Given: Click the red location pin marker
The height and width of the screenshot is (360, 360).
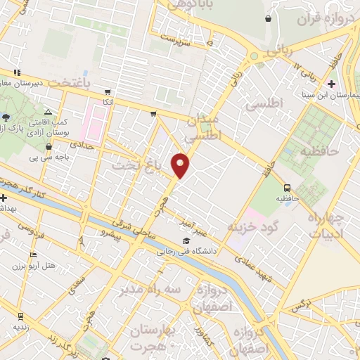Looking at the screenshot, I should (x=181, y=165).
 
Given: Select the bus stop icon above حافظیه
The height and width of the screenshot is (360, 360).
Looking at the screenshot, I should (x=287, y=188).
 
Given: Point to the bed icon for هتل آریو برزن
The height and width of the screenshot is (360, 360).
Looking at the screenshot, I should (x=33, y=255).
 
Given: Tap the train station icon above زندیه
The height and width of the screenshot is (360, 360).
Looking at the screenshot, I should (x=21, y=316).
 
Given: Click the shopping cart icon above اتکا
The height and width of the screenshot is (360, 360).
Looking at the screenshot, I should (x=108, y=91).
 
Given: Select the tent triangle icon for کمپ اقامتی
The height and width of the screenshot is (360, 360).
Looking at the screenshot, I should (x=47, y=112).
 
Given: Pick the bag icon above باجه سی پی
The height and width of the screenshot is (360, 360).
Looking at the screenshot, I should (x=48, y=147).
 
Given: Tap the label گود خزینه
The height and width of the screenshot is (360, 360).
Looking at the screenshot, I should (x=253, y=226).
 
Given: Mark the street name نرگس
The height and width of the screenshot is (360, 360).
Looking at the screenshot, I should (x=300, y=304).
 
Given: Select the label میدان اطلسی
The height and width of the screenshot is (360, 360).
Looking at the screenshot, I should (x=205, y=124).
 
